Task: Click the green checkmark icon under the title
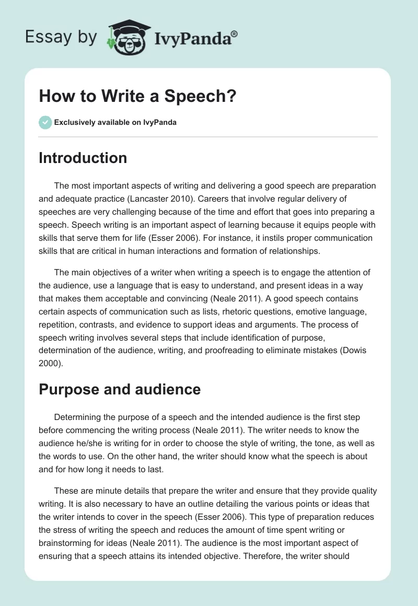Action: coord(45,122)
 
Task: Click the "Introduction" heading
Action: coord(83,158)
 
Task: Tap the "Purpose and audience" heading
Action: coord(120,389)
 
